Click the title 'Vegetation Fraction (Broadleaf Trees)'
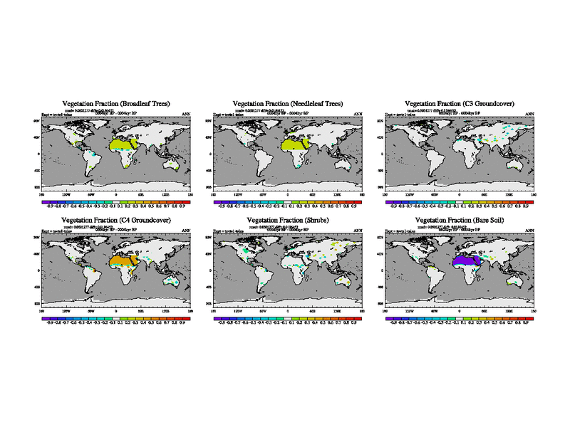coord(116,104)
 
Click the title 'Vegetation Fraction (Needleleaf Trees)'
coord(288,104)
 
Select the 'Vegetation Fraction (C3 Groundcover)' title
coord(460,104)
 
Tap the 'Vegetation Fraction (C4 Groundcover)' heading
coord(116,220)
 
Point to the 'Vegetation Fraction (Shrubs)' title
coord(288,220)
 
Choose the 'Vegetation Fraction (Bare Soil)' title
coord(460,220)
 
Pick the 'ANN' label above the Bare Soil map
coord(529,231)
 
